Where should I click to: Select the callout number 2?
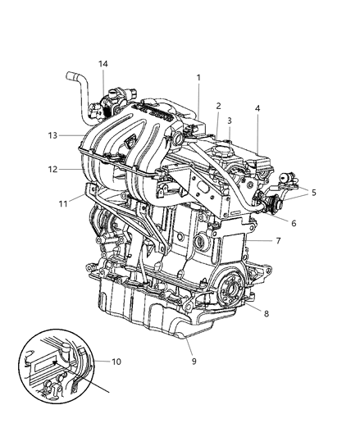click(x=218, y=106)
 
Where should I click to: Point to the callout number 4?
click(x=257, y=107)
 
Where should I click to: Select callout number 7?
click(x=278, y=242)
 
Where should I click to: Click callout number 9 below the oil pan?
click(x=194, y=357)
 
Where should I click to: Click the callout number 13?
click(x=52, y=136)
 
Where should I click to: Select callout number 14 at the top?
click(x=103, y=64)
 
